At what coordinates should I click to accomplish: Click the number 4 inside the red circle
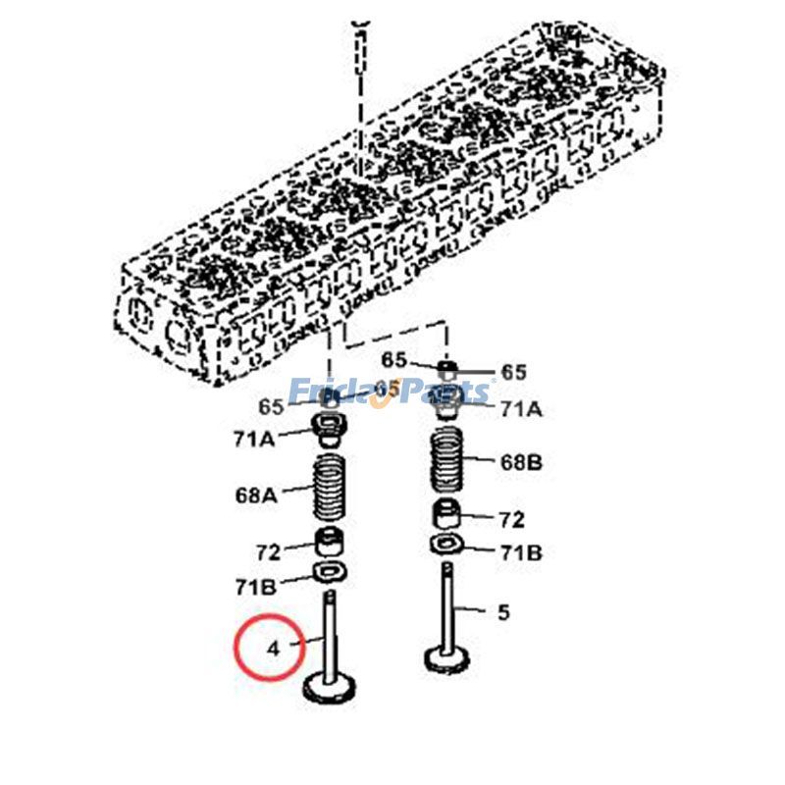(274, 649)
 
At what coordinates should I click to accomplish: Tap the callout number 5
(503, 611)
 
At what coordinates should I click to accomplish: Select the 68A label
(256, 496)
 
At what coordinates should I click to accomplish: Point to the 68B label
(521, 462)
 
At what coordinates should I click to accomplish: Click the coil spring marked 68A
(330, 487)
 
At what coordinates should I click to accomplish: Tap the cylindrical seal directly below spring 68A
(330, 542)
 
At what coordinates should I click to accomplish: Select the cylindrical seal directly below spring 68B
(447, 514)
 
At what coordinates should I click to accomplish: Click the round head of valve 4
(330, 688)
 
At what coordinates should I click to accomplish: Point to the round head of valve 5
(447, 658)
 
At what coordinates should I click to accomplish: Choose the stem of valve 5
(447, 605)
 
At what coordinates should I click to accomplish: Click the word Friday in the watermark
(340, 392)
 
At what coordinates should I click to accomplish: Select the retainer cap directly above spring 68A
(328, 431)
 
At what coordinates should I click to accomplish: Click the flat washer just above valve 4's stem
(331, 572)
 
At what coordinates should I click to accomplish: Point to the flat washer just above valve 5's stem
(447, 545)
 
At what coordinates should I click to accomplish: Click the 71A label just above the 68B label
(521, 409)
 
